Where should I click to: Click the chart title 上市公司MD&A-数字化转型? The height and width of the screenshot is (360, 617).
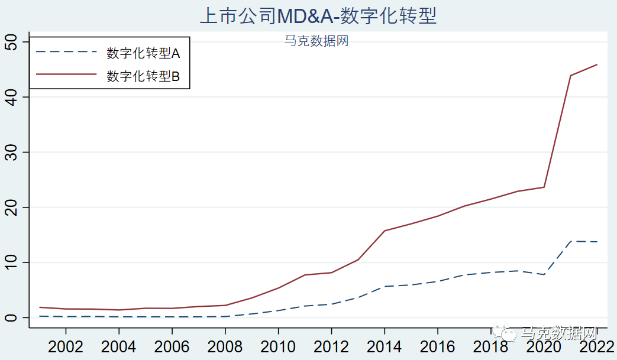[318, 15]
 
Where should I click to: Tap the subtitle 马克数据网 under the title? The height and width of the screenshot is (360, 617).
[316, 41]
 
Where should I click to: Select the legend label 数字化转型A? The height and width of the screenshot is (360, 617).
[143, 53]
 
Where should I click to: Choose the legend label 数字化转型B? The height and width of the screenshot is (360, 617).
[143, 76]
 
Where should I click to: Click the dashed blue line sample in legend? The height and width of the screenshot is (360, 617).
[66, 52]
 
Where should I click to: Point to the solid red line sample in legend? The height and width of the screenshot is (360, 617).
[66, 74]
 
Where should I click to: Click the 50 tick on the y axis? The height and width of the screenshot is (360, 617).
[11, 42]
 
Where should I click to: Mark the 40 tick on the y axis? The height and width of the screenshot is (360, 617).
[11, 97]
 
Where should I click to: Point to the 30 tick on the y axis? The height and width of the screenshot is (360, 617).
[11, 152]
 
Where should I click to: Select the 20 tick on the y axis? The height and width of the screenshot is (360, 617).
[11, 207]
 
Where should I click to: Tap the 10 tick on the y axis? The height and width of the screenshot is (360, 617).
[11, 262]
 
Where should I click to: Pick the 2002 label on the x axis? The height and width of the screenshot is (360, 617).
[65, 346]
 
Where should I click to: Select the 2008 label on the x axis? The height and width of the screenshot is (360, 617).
[225, 346]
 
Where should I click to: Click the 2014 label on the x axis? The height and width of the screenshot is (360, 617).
[385, 346]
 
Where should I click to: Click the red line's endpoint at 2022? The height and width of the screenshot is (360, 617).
[597, 64]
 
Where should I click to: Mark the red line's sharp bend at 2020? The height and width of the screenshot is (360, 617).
[544, 187]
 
